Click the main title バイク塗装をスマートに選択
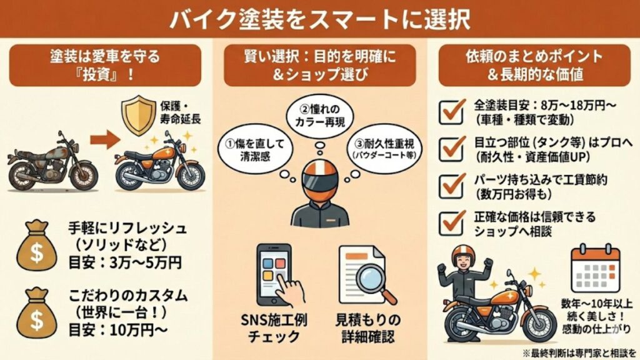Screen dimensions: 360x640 (x=319, y=18)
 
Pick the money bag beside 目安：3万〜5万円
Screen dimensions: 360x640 (x=37, y=244)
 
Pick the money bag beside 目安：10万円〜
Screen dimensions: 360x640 (x=37, y=312)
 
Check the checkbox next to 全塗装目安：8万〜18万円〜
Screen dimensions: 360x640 (x=452, y=110)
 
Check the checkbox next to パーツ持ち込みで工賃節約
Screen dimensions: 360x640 (x=452, y=185)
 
